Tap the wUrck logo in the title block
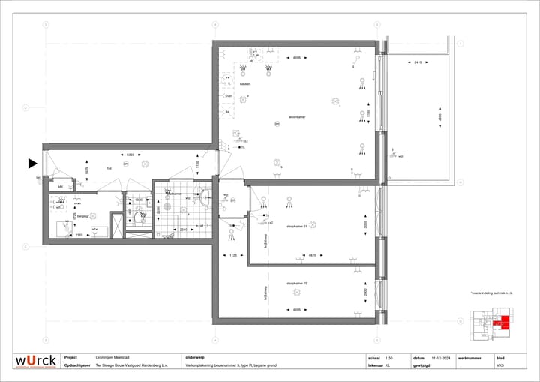click(35, 361)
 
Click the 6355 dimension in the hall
click(130, 155)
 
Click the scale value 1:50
click(388, 358)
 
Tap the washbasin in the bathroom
click(203, 198)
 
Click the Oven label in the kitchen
click(227, 95)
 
